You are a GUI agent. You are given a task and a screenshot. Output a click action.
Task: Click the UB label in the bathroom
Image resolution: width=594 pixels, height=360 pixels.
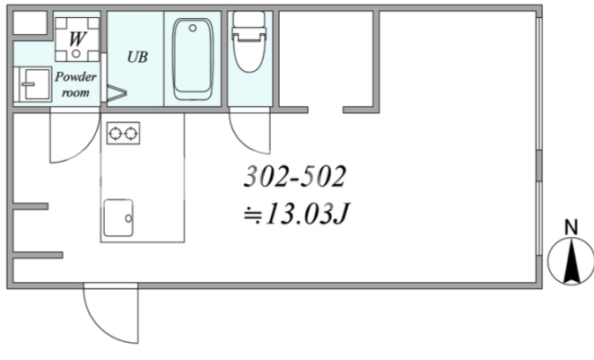[x=137, y=57]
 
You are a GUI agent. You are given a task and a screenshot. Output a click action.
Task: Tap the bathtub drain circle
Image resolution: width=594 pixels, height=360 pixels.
[x=193, y=28]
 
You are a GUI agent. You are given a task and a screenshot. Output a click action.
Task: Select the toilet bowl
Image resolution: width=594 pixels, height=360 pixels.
[x=249, y=53]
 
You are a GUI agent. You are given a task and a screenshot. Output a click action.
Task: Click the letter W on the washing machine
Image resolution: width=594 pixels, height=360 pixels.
[x=77, y=39]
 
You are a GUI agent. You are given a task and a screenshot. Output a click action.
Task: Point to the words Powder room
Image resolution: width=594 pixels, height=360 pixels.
[x=75, y=84]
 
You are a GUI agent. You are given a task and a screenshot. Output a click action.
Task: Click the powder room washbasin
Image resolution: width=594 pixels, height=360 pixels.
[x=33, y=84]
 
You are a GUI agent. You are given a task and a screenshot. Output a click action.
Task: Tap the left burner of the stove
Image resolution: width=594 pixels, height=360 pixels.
[x=115, y=134]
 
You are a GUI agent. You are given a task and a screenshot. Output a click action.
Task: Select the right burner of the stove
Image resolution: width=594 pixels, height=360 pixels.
[x=131, y=134]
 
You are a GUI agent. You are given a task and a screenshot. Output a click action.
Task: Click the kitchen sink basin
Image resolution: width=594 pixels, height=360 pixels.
[x=118, y=217]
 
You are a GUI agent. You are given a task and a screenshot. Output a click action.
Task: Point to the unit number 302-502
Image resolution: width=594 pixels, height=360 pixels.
[x=294, y=176]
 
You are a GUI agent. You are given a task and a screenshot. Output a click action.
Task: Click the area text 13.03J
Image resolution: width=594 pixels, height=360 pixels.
[x=307, y=214]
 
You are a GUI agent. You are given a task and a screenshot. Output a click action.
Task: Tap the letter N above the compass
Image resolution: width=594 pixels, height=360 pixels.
[x=572, y=227]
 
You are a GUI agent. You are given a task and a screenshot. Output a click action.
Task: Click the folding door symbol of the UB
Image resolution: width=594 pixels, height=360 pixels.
[x=117, y=92]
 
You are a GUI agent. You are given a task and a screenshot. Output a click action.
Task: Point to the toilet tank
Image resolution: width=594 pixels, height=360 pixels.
[x=249, y=20]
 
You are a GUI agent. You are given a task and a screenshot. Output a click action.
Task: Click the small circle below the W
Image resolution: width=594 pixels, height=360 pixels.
[x=76, y=54]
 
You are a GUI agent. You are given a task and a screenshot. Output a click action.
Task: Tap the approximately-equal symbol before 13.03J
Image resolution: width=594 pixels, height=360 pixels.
[x=252, y=215]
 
